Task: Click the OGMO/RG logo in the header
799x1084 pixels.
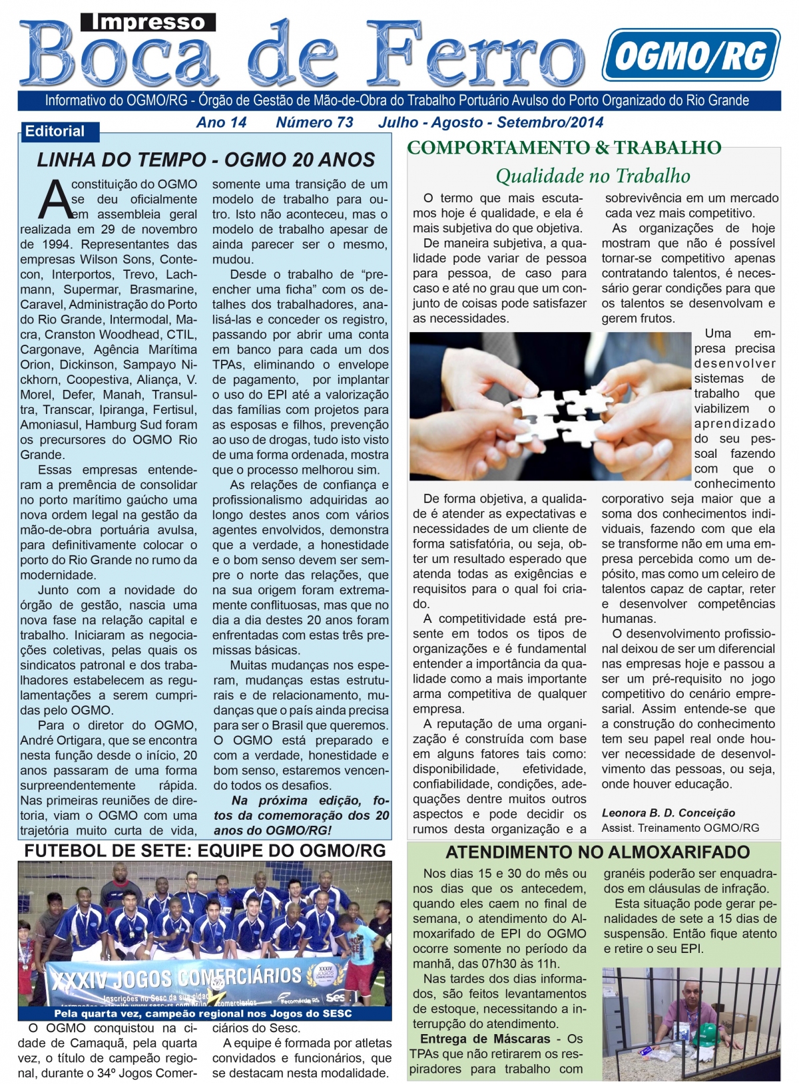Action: tap(690, 55)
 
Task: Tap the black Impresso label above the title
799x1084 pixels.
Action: tap(148, 23)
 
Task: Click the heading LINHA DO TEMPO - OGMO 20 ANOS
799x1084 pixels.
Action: tap(206, 160)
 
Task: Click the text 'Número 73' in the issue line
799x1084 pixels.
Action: tap(314, 122)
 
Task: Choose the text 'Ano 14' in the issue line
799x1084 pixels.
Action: tap(221, 122)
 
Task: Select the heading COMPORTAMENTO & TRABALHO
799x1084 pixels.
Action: tap(564, 147)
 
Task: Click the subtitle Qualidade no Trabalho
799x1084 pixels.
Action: tap(593, 176)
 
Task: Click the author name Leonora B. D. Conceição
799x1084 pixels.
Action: tap(668, 813)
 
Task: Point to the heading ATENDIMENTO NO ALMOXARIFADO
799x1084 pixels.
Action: tap(597, 852)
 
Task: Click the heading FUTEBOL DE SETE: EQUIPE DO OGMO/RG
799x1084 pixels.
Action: tap(205, 850)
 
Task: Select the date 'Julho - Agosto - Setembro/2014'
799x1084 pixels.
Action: tap(491, 122)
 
